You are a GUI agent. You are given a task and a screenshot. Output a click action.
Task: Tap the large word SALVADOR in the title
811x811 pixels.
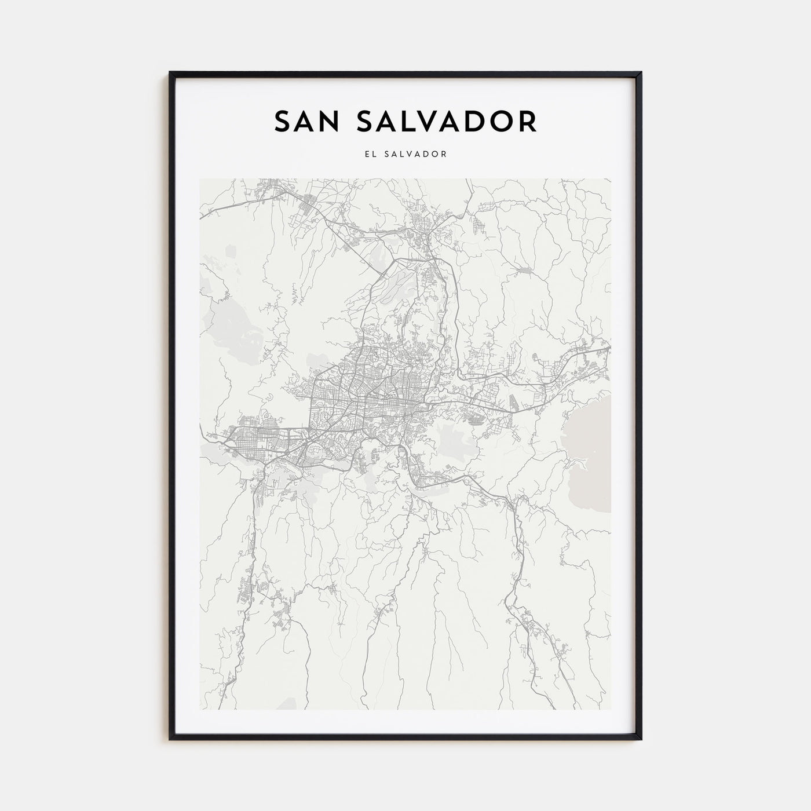click(444, 121)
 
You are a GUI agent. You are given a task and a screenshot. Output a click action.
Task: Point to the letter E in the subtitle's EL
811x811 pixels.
click(367, 154)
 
